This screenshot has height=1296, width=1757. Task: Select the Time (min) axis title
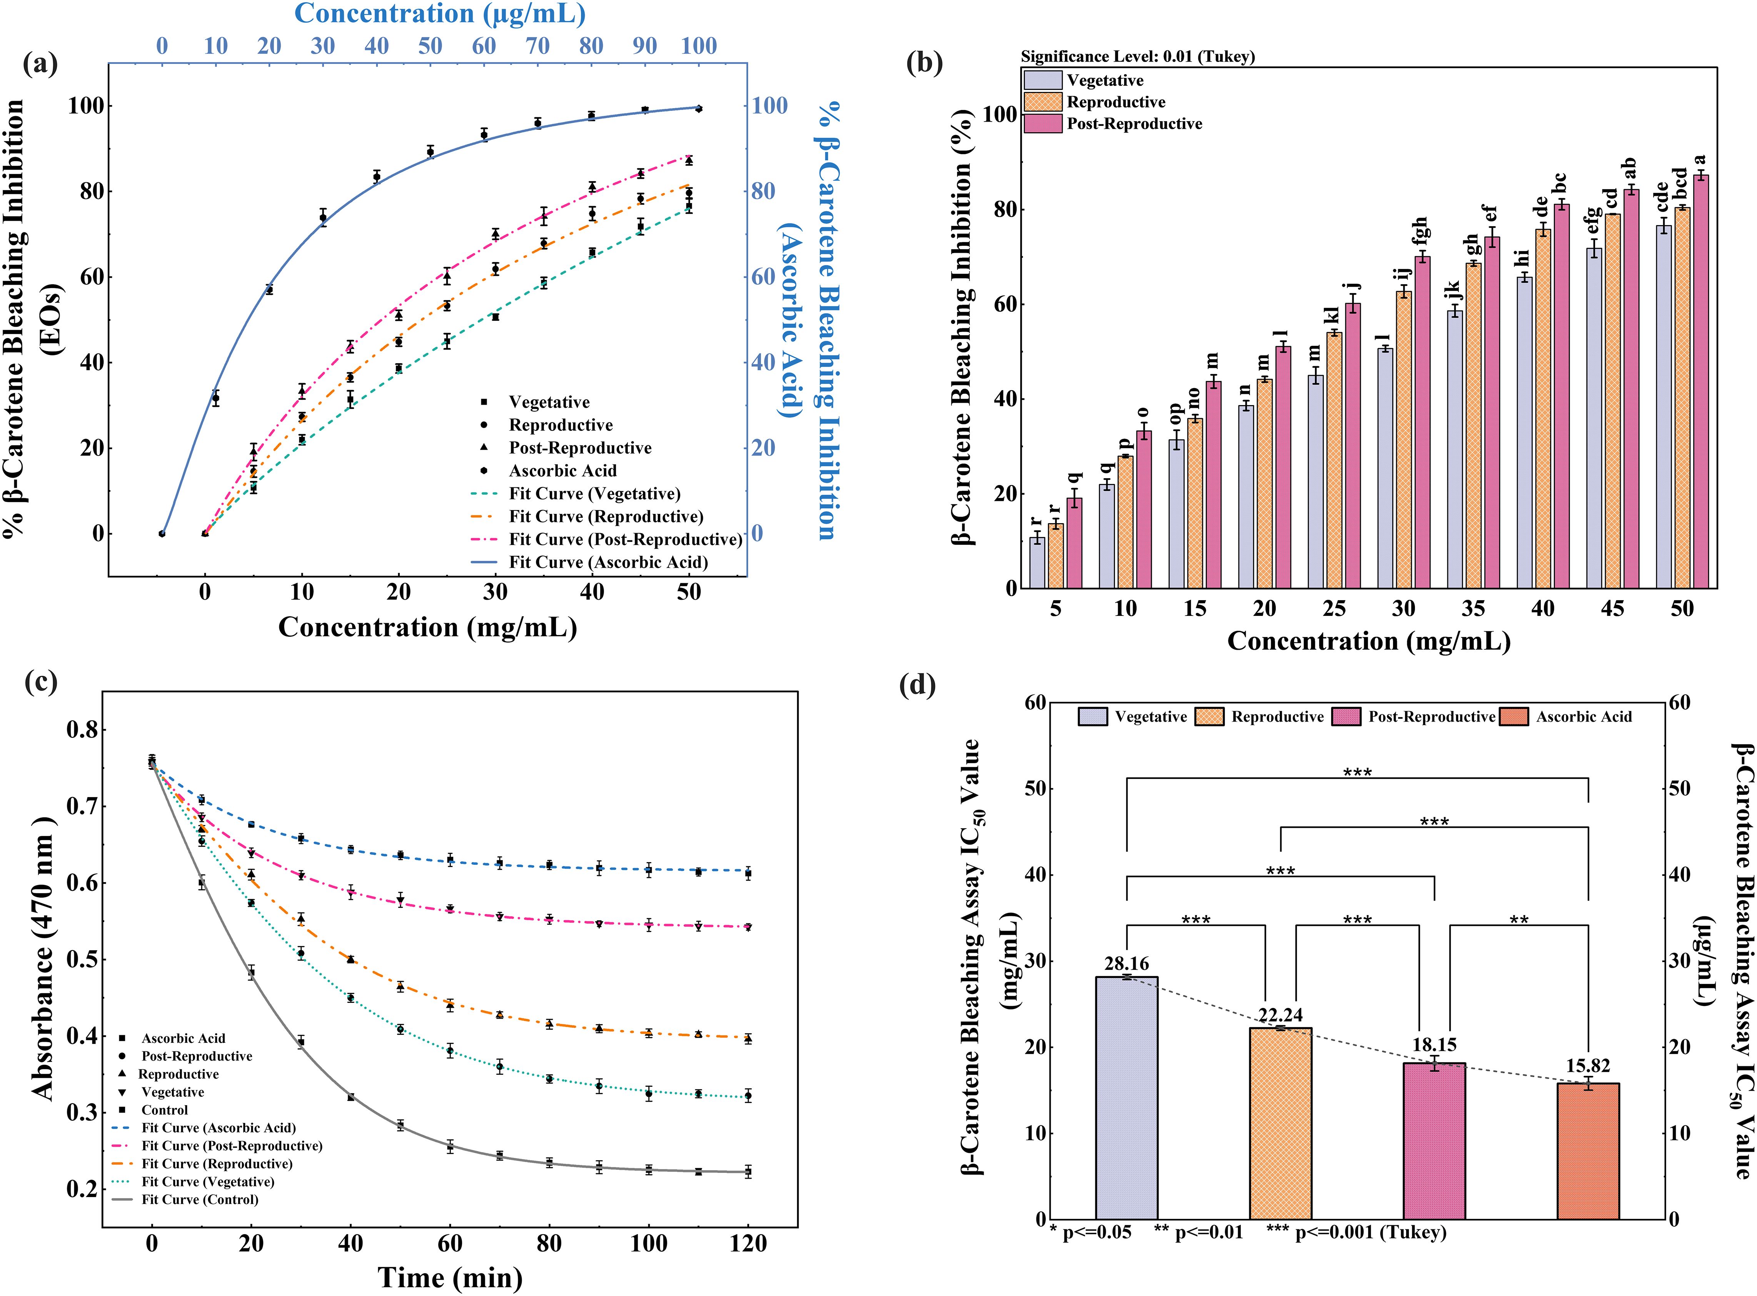[x=450, y=1277]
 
